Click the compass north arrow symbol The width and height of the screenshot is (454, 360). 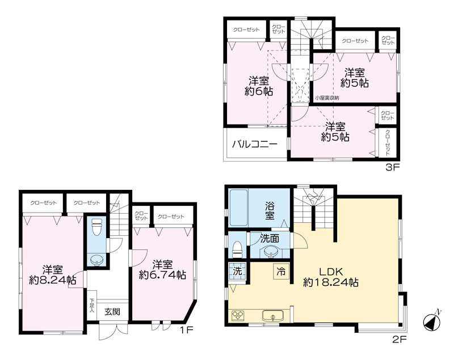(432, 321)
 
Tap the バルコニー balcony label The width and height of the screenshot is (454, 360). (255, 144)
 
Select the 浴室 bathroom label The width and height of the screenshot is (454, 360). (269, 211)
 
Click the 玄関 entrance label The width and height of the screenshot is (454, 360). (112, 312)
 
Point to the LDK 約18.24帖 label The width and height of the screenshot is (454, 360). (331, 277)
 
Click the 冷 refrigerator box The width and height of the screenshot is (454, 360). (281, 272)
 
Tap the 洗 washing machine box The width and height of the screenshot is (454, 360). (237, 271)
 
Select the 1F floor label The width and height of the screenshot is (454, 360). (185, 329)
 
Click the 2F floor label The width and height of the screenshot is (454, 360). (400, 339)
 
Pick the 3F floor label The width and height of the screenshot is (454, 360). (393, 167)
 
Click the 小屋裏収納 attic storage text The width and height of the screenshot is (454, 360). (327, 98)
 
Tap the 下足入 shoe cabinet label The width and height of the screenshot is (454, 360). (92, 306)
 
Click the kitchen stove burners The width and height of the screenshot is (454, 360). (238, 315)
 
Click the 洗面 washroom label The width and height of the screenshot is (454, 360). (270, 239)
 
